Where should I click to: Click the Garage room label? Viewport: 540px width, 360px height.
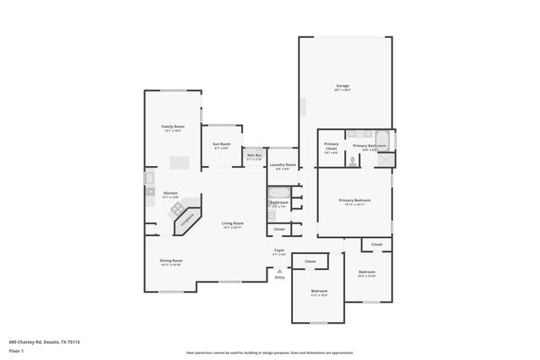pos(343,86)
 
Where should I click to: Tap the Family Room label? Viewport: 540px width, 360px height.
pos(172,127)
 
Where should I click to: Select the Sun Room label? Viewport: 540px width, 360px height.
pos(221,146)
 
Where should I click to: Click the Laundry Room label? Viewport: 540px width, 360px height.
pos(283,165)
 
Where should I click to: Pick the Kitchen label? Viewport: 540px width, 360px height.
pos(170,193)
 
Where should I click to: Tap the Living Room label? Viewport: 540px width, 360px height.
pos(232,224)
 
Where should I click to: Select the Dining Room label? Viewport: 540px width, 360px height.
pos(171,261)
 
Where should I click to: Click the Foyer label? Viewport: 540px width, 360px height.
pos(278,251)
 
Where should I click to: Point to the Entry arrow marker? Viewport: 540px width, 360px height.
pos(279,271)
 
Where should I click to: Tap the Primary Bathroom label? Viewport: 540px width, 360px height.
pos(370,147)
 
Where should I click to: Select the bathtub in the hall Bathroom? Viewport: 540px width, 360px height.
pos(279,194)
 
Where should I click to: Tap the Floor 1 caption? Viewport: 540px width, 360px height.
pos(16,350)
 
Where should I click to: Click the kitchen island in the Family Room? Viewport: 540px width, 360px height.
pos(179,162)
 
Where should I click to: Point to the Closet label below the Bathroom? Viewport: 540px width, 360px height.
pos(278,228)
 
